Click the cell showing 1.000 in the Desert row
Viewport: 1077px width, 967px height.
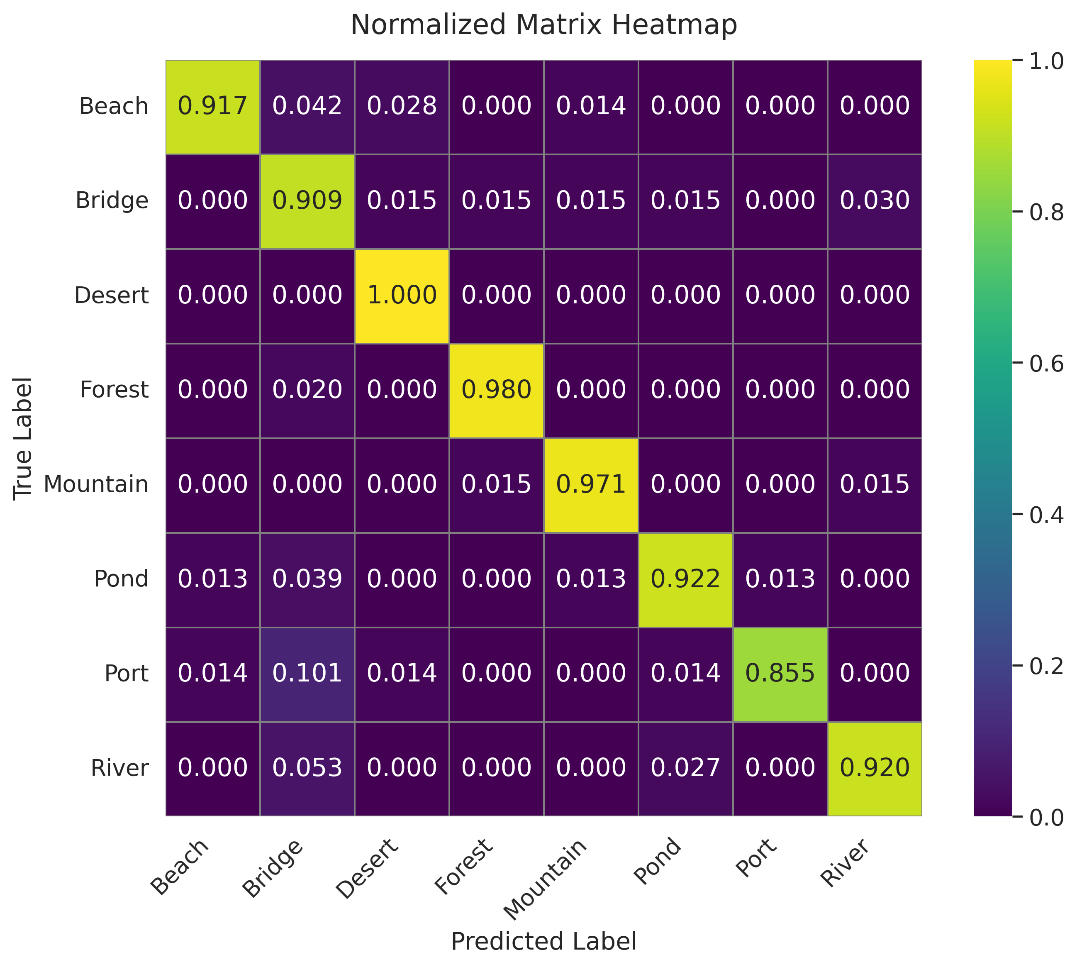[x=402, y=295]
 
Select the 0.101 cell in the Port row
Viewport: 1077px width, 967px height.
[x=307, y=674]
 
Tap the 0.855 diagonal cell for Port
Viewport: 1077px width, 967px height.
[x=780, y=674]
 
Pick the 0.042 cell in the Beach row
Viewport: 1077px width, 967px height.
[x=307, y=106]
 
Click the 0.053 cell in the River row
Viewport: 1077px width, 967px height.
[x=307, y=768]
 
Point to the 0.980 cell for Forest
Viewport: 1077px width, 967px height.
[x=496, y=390]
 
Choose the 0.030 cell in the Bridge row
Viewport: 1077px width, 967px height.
[x=874, y=201]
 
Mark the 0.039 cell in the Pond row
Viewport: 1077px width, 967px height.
[x=307, y=579]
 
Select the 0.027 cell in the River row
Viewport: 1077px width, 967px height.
[x=685, y=768]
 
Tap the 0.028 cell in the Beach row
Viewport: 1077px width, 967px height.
[x=402, y=106]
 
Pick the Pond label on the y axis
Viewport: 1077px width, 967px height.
[x=121, y=579]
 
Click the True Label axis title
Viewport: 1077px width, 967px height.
[x=23, y=438]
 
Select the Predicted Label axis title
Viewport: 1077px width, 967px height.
[x=543, y=942]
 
